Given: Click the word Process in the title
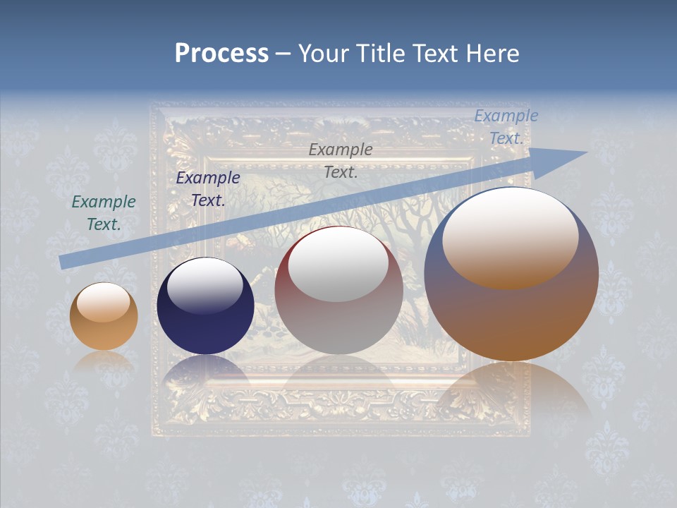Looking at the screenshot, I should [x=221, y=54].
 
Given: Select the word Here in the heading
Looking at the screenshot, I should [x=491, y=54].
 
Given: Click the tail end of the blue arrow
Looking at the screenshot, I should [x=62, y=262].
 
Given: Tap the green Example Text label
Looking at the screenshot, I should [x=104, y=212].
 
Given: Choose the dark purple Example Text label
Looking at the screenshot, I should [x=208, y=188].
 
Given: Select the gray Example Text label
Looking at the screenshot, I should [x=341, y=160].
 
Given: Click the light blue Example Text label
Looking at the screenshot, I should [x=506, y=127].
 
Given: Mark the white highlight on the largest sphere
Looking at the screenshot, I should [x=510, y=236].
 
